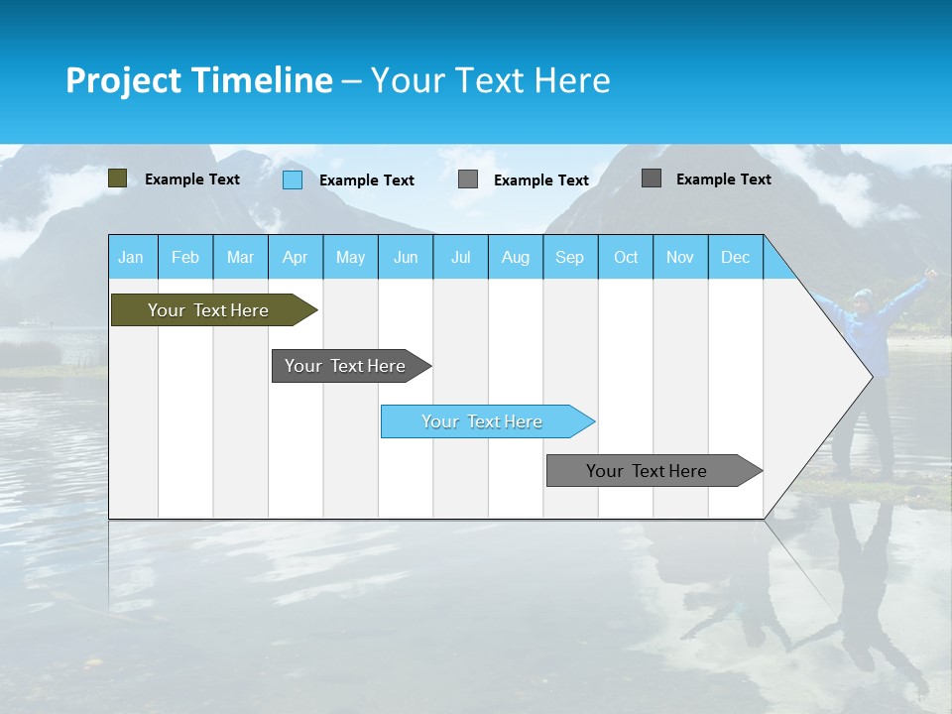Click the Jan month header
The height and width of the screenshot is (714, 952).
(131, 257)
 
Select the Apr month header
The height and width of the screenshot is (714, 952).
(295, 257)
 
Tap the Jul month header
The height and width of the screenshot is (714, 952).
(460, 257)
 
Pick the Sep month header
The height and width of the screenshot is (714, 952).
(569, 257)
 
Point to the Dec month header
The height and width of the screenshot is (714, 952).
(735, 257)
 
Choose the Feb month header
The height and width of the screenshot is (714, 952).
(185, 257)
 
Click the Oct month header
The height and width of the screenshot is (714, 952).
(626, 257)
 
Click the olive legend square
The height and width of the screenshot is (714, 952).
(117, 178)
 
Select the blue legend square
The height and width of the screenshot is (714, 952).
(293, 179)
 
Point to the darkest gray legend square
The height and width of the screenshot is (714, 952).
(652, 178)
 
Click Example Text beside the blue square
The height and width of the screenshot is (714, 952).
(367, 180)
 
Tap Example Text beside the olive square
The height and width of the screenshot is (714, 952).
(192, 179)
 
